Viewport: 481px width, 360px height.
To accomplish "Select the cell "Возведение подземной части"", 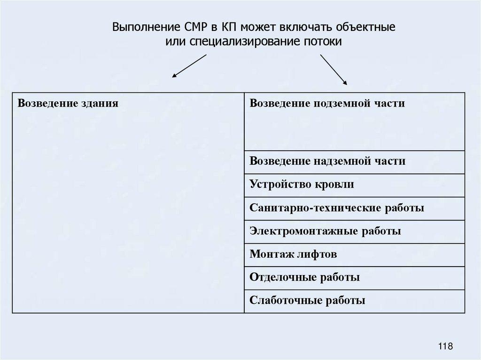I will pyautogui.click(x=355, y=122).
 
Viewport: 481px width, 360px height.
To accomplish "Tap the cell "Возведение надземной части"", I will pyautogui.click(x=355, y=162).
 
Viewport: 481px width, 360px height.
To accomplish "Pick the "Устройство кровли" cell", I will pyautogui.click(x=355, y=185).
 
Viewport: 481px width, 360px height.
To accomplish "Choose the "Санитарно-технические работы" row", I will pyautogui.click(x=355, y=208).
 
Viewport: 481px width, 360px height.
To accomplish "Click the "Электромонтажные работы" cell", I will pyautogui.click(x=355, y=231).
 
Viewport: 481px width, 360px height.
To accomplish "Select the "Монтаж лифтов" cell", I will pyautogui.click(x=355, y=254).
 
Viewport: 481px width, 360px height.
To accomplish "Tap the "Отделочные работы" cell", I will pyautogui.click(x=355, y=277).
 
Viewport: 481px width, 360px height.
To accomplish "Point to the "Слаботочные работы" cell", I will pyautogui.click(x=355, y=300).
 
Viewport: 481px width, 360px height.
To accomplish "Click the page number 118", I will pyautogui.click(x=445, y=346).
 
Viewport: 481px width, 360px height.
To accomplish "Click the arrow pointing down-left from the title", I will pyautogui.click(x=189, y=66).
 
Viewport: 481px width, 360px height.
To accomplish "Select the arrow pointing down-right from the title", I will pyautogui.click(x=334, y=69).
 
